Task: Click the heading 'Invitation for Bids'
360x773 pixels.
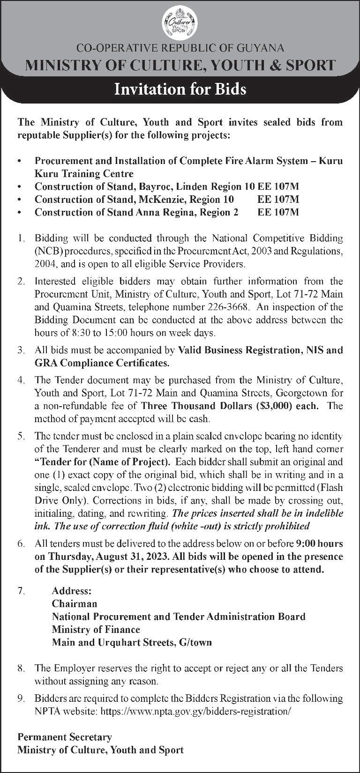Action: point(180,89)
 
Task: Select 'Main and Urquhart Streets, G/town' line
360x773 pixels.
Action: point(132,642)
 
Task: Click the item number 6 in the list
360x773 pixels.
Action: point(21,544)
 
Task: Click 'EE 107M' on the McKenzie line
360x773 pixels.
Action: point(278,199)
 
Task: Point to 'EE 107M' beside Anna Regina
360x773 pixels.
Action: point(278,212)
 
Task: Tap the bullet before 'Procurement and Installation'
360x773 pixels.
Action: point(19,161)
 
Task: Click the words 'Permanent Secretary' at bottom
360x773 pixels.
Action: point(65,737)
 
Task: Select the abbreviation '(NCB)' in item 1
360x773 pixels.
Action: point(45,251)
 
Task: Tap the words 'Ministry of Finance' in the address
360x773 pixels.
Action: point(96,629)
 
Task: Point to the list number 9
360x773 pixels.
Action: point(21,698)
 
